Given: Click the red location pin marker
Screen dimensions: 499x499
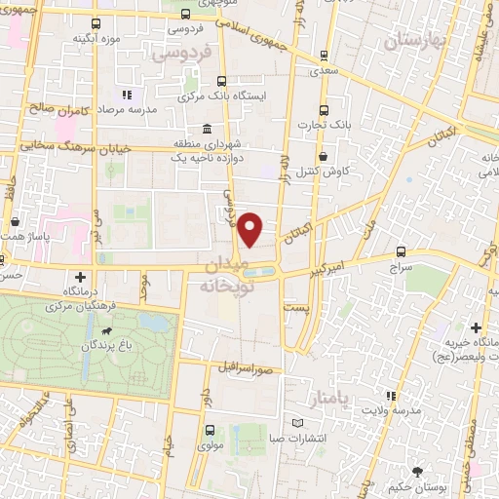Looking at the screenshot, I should [250, 228].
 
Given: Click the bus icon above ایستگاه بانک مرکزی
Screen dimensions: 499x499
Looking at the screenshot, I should [223, 82].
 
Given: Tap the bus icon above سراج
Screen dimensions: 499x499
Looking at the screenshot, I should [402, 250].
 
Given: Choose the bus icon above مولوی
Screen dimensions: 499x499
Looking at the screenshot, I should [209, 430].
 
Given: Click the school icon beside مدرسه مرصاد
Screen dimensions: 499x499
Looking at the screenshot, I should [126, 96].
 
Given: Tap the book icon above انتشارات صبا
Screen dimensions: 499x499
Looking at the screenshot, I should [299, 422].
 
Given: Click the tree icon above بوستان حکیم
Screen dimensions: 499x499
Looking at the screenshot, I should [417, 472].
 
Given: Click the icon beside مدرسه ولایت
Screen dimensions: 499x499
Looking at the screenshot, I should [391, 396].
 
